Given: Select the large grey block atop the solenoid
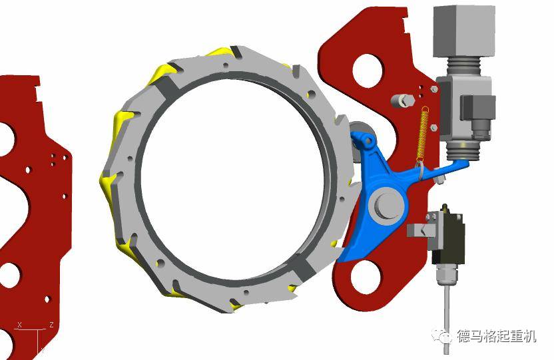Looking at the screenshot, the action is [x=464, y=31].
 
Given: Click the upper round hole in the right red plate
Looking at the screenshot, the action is [x=368, y=71].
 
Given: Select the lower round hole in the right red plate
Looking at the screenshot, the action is [x=366, y=277].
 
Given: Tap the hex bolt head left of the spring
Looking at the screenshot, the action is [x=403, y=100].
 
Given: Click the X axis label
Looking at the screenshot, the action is [x=20, y=325].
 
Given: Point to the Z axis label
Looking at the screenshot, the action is [x=51, y=324].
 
